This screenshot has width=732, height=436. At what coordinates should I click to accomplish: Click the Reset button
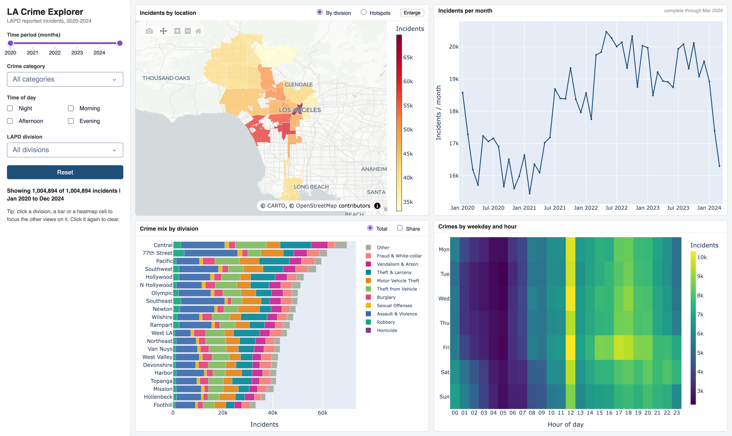click(x=65, y=172)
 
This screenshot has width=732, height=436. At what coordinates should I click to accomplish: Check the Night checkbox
click(x=10, y=108)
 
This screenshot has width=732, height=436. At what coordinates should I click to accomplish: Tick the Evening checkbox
click(x=71, y=121)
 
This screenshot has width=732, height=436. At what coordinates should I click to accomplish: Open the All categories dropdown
click(x=65, y=79)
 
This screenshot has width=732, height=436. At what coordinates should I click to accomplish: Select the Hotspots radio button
click(x=364, y=12)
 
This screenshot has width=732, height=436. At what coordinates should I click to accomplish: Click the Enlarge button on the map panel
click(x=412, y=13)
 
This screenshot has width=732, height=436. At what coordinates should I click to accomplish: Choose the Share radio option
click(x=400, y=228)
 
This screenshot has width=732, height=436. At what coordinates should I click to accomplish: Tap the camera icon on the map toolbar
click(x=149, y=31)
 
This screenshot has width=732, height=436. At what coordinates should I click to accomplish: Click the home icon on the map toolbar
click(x=198, y=31)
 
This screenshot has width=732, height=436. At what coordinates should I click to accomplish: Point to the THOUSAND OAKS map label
click(x=166, y=78)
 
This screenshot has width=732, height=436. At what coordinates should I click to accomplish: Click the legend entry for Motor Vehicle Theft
click(x=398, y=281)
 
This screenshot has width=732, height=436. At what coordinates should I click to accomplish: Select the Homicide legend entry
click(x=387, y=330)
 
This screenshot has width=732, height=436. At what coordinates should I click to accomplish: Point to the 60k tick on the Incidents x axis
click(x=322, y=413)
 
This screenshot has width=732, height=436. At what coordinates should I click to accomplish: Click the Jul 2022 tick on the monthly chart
click(x=616, y=208)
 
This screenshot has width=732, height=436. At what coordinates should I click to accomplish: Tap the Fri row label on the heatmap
click(x=446, y=347)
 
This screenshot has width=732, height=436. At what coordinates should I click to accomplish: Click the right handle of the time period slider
click(x=120, y=43)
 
